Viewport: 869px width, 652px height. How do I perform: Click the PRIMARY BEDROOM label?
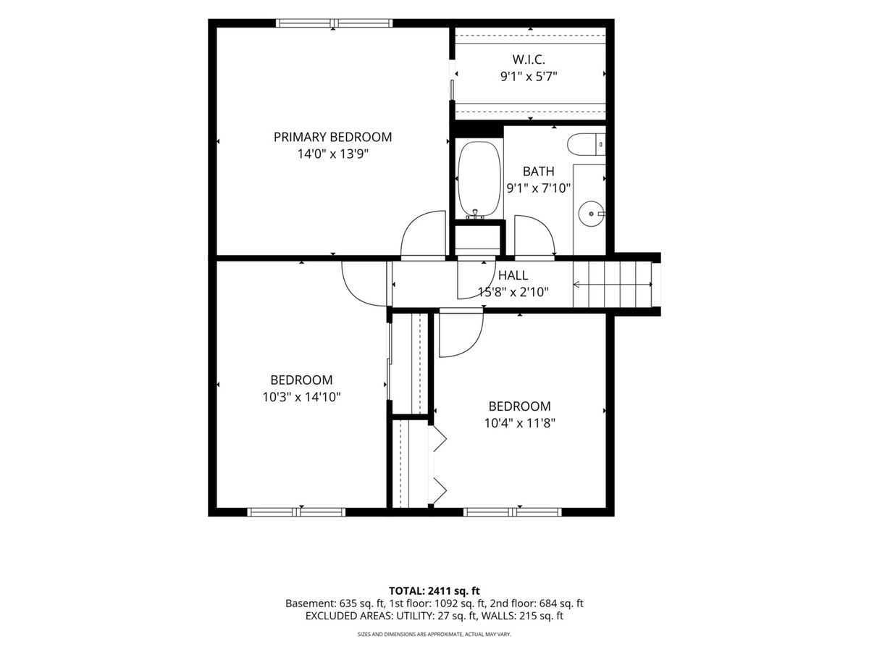click(x=332, y=137)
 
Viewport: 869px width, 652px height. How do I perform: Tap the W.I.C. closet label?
click(x=529, y=59)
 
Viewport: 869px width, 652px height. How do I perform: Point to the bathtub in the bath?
click(x=479, y=180)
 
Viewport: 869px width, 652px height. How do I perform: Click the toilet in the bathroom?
click(x=587, y=144)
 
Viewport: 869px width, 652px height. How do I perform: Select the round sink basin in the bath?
click(x=591, y=214)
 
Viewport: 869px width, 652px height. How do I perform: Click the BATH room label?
click(x=539, y=172)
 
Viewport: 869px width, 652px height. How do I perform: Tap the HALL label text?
click(x=513, y=275)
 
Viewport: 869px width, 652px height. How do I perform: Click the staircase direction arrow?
click(x=613, y=284)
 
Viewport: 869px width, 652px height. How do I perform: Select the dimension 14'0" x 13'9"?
click(x=332, y=154)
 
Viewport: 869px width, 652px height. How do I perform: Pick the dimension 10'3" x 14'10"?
click(x=302, y=397)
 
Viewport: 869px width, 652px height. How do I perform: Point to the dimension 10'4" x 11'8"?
click(x=519, y=423)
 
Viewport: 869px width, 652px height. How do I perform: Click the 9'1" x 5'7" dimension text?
click(x=529, y=76)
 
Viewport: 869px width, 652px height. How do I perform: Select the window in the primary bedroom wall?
click(x=334, y=23)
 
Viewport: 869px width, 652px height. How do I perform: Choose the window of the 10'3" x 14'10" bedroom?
click(x=296, y=512)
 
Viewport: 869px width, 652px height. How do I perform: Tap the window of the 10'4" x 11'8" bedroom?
click(x=512, y=512)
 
